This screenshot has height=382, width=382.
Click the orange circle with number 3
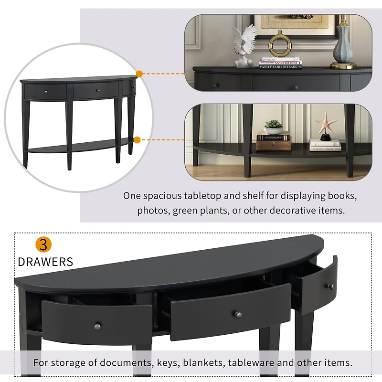point(43,245)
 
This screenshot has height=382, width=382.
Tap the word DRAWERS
point(45,262)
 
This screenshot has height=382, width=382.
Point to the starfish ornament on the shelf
point(326,125)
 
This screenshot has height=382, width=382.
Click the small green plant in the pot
point(273,126)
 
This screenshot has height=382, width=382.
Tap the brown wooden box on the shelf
point(274,145)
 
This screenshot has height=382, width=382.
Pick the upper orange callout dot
point(139,74)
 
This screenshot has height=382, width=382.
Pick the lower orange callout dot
point(137,140)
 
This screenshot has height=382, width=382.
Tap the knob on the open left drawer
point(98,325)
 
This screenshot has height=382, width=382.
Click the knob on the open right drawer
point(329,286)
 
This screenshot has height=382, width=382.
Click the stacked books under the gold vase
point(280,63)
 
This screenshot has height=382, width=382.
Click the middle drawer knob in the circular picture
point(97,90)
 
